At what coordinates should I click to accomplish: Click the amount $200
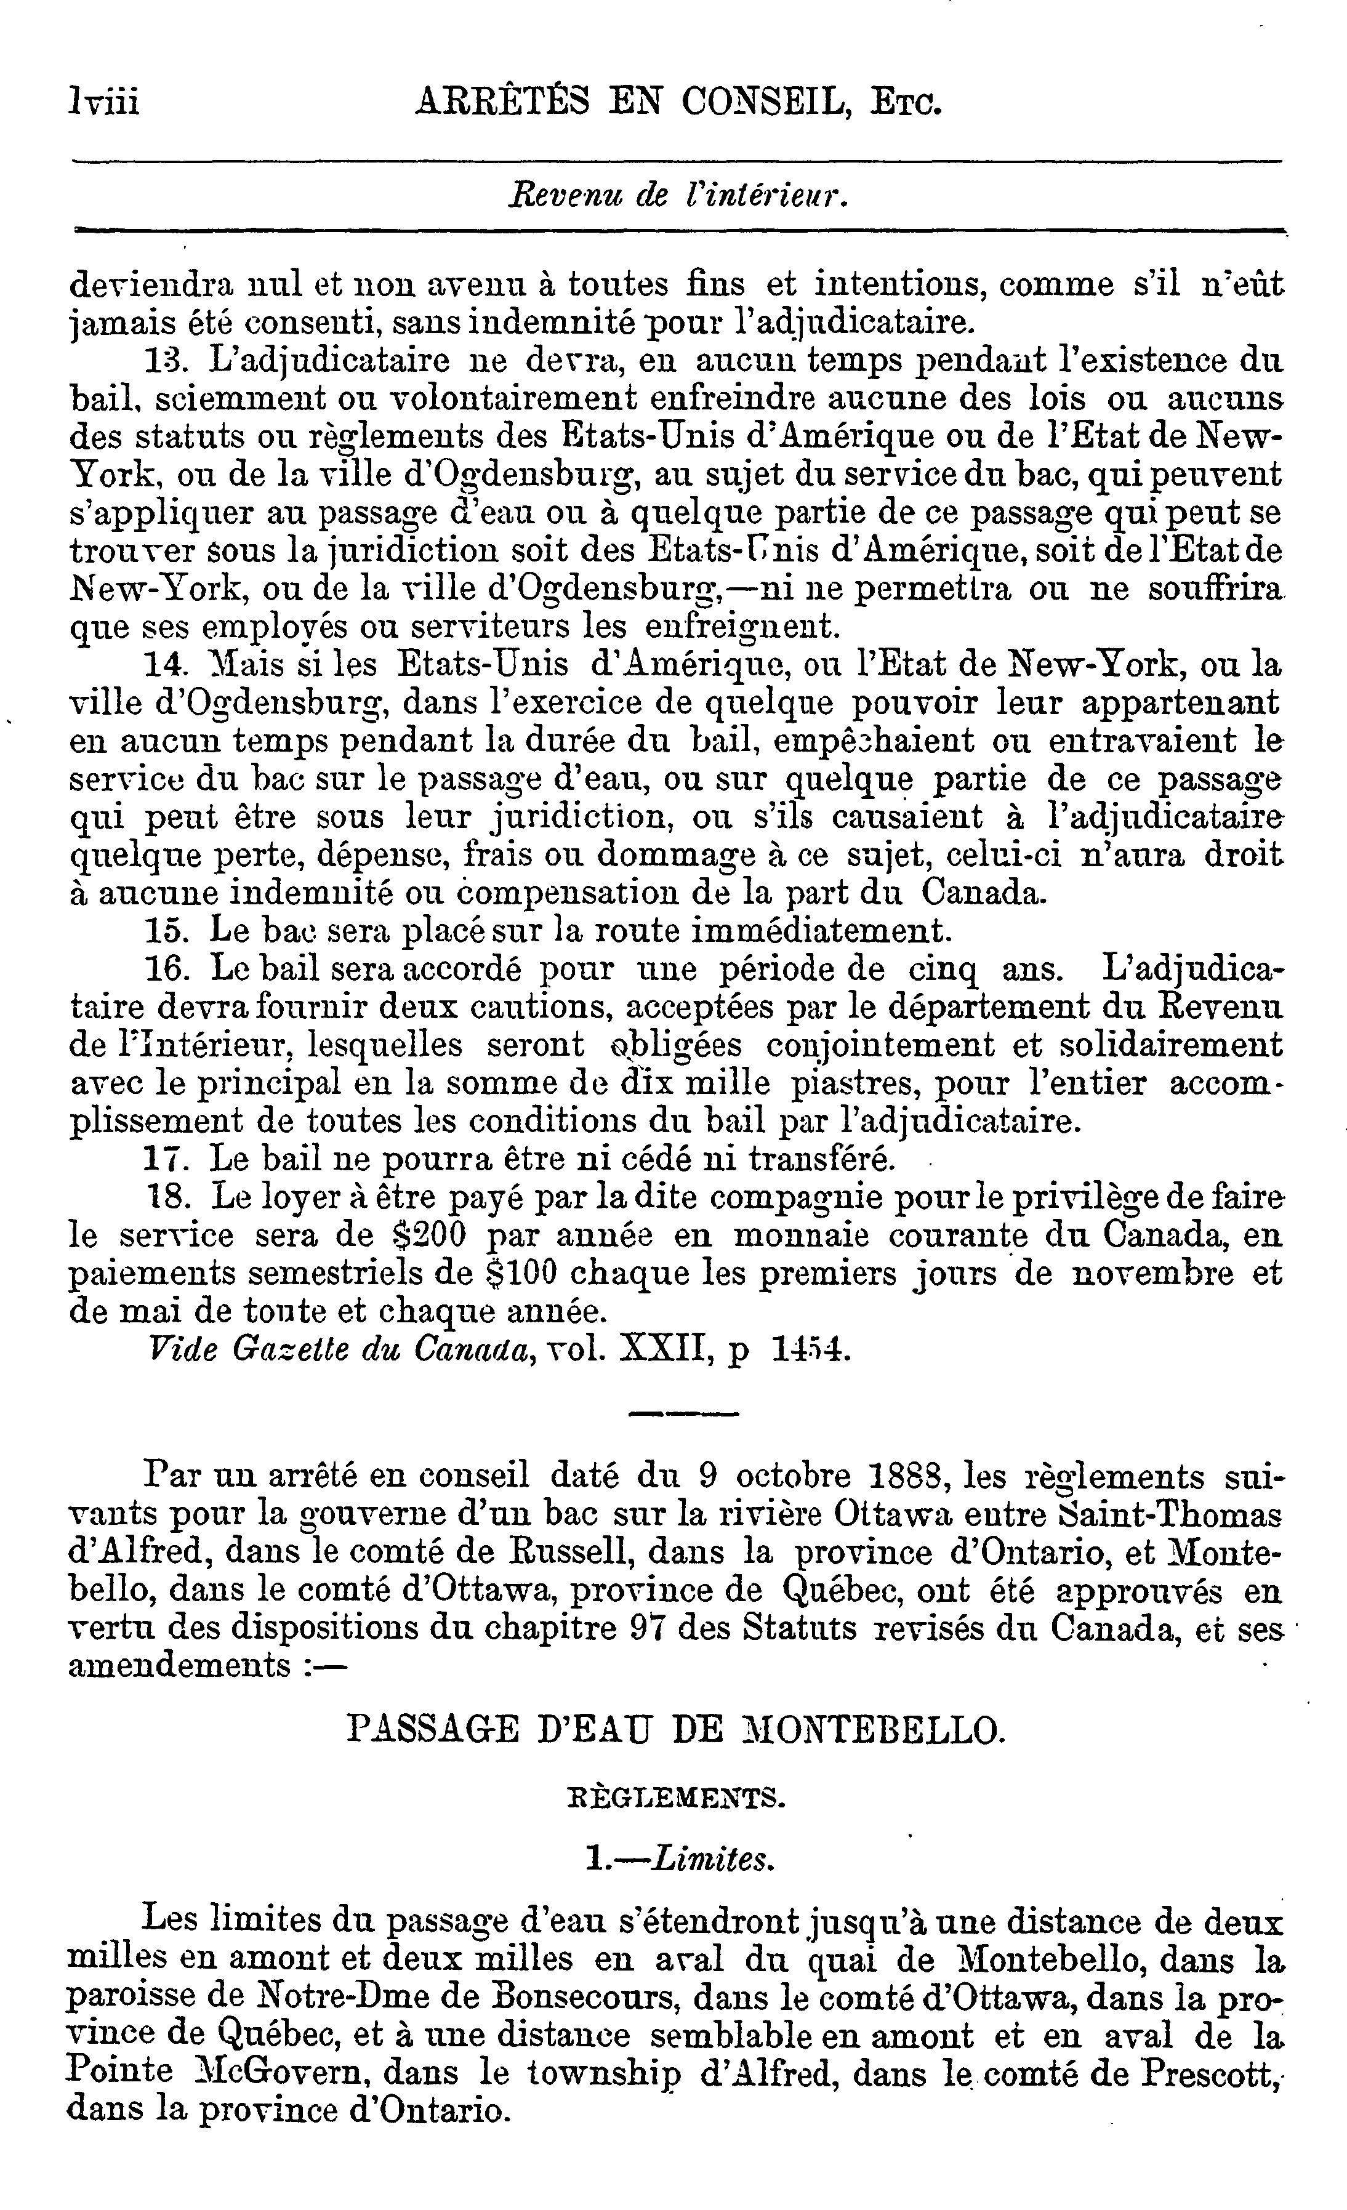(430, 1236)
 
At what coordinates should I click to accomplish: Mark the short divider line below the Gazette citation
(683, 1415)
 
